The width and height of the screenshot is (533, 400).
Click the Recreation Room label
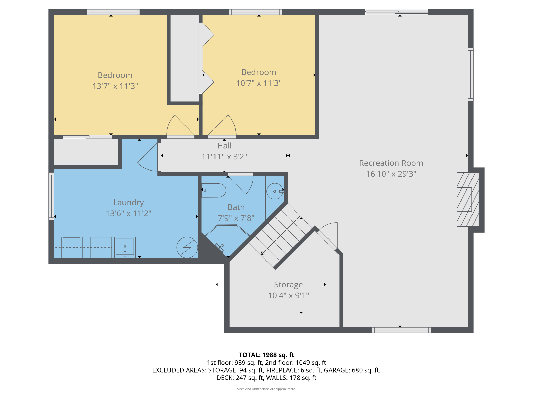391,163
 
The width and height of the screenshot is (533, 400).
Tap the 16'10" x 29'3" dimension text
391,174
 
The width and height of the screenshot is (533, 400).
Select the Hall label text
224,146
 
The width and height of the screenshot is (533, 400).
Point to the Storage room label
289,285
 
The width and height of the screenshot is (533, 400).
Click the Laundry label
129,203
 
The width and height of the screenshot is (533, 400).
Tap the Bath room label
236,207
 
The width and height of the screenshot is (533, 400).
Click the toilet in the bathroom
214,190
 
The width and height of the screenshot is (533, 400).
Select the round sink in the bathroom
275,191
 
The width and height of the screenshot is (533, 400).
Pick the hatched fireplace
468,199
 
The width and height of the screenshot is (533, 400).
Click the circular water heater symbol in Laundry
187,247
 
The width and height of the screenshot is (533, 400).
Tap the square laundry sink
125,247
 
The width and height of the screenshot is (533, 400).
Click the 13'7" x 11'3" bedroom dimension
115,86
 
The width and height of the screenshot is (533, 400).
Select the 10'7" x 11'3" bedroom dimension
259,83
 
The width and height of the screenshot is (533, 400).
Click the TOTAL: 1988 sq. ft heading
266,355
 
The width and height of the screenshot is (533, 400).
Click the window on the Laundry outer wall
51,196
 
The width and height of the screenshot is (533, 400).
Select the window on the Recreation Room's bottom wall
402,330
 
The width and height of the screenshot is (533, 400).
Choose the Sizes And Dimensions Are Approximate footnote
266,389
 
